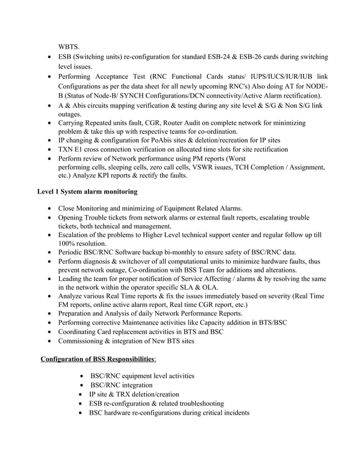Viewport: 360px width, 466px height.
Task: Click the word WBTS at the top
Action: pyautogui.click(x=69, y=46)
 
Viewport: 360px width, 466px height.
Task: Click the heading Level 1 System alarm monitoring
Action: pyautogui.click(x=87, y=192)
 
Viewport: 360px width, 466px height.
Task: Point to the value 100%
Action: pyautogui.click(x=68, y=243)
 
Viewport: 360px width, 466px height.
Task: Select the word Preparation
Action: pyautogui.click(x=79, y=314)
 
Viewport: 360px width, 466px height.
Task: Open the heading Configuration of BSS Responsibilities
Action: pyautogui.click(x=97, y=359)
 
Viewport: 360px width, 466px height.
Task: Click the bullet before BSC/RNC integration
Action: pyautogui.click(x=84, y=385)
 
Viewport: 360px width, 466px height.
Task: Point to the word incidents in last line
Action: pyautogui.click(x=231, y=412)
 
